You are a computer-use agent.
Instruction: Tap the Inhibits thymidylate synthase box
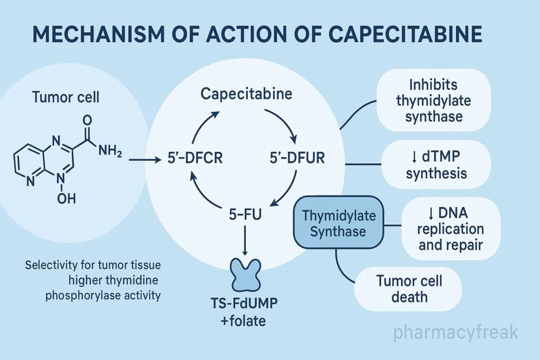point(433,100)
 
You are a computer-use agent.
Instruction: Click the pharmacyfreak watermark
point(456,332)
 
